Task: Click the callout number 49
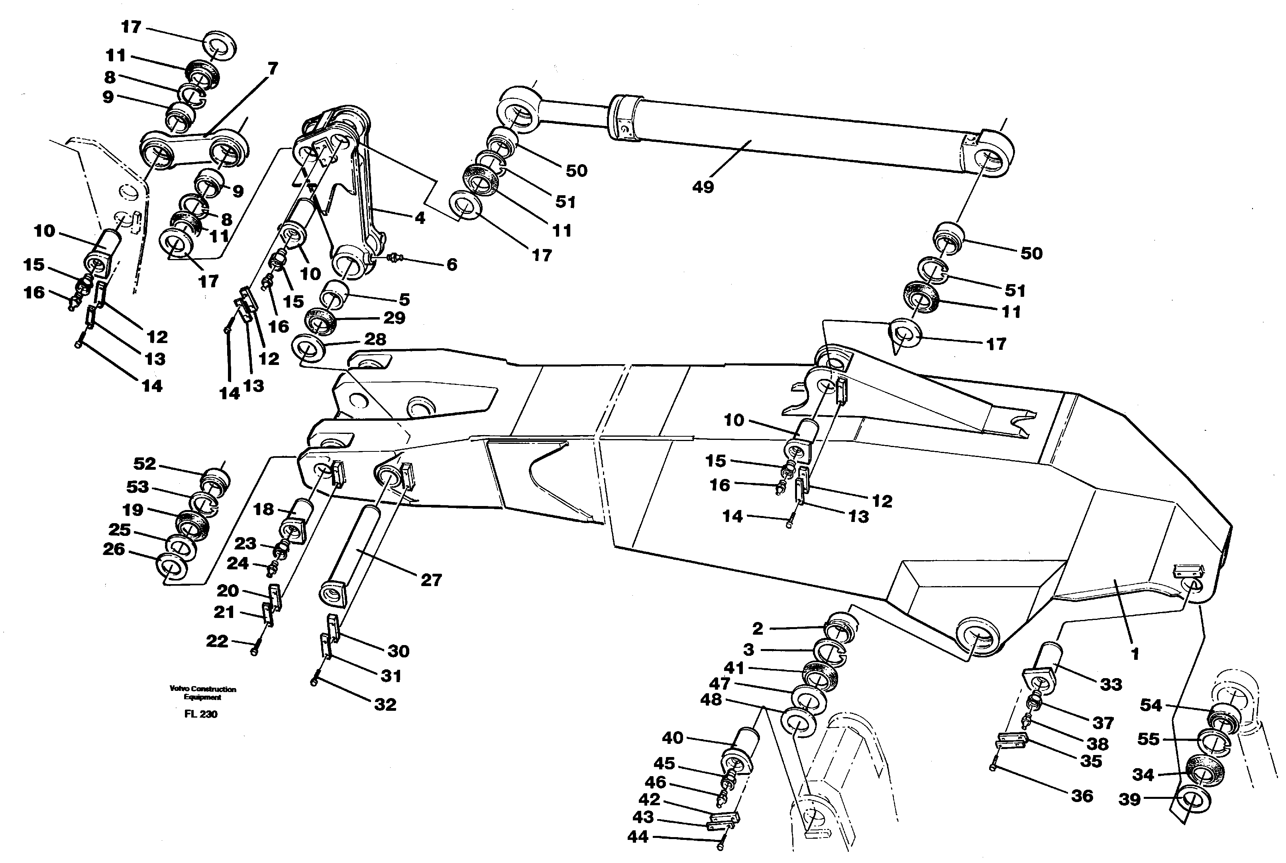pyautogui.click(x=703, y=187)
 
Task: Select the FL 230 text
pyautogui.click(x=200, y=714)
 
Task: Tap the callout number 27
pyautogui.click(x=431, y=580)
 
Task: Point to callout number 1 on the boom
pyautogui.click(x=1134, y=654)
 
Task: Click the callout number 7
pyautogui.click(x=273, y=69)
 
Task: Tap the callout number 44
pyautogui.click(x=638, y=837)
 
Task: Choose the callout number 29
pyautogui.click(x=394, y=318)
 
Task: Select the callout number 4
pyautogui.click(x=420, y=218)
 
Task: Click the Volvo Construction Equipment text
pyautogui.click(x=202, y=693)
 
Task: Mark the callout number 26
pyautogui.click(x=114, y=549)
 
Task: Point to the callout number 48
pyautogui.click(x=711, y=700)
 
